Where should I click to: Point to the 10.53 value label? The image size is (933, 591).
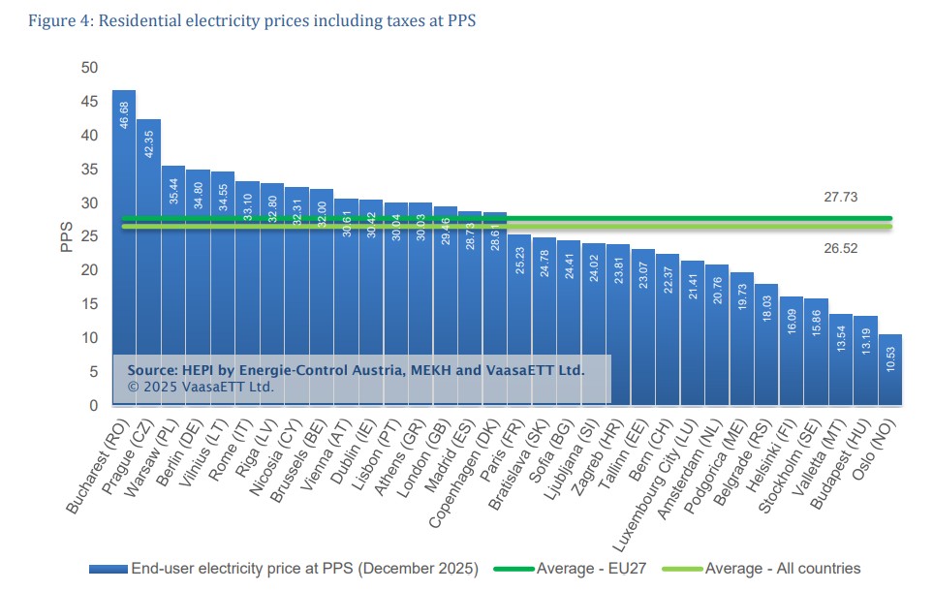click(x=891, y=359)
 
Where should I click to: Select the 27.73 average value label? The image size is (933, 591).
click(x=840, y=198)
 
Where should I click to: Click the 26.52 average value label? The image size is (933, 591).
click(x=840, y=248)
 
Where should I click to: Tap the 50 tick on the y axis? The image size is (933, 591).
click(x=89, y=68)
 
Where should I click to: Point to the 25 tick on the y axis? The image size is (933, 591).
click(x=89, y=236)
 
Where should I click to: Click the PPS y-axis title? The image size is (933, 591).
click(x=67, y=236)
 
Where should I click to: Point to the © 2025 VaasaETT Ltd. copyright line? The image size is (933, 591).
click(x=201, y=386)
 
